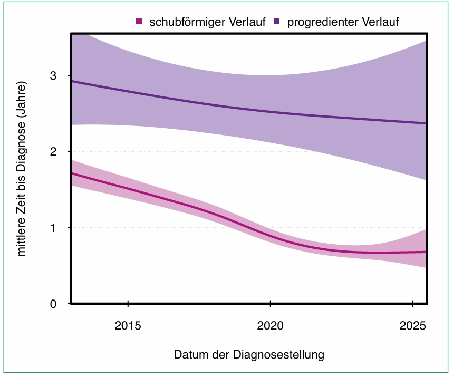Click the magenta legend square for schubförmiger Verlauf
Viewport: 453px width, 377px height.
pyautogui.click(x=139, y=22)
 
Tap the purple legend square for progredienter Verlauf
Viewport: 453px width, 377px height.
pyautogui.click(x=276, y=22)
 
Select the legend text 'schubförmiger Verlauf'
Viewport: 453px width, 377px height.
pyautogui.click(x=207, y=22)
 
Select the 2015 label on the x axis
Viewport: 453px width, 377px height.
pyautogui.click(x=128, y=325)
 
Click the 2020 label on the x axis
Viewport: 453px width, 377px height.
pyautogui.click(x=270, y=325)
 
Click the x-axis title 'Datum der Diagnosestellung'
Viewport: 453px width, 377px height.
pyautogui.click(x=249, y=354)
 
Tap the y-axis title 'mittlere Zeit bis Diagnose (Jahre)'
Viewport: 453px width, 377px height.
pyautogui.click(x=22, y=169)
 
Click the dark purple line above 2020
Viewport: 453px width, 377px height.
pyautogui.click(x=270, y=112)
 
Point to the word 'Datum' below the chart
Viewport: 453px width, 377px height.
pyautogui.click(x=188, y=354)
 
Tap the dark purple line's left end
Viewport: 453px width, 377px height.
pyautogui.click(x=73, y=82)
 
